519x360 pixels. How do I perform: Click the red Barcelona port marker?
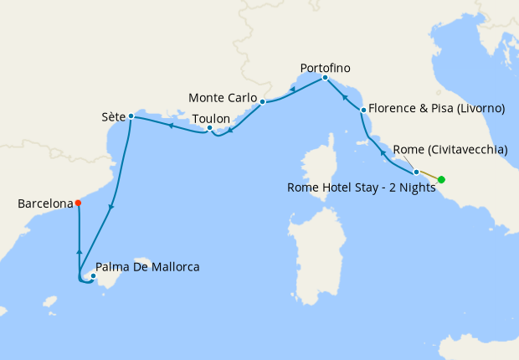tap(78, 203)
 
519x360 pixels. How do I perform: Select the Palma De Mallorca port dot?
tap(93, 275)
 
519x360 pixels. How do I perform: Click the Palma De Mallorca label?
tap(148, 268)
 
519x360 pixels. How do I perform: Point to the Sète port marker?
tap(131, 116)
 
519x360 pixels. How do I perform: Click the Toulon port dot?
tap(209, 128)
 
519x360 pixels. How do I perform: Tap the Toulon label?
tap(211, 119)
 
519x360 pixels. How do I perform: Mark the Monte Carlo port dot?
tap(262, 102)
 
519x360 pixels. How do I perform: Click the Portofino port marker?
tap(325, 78)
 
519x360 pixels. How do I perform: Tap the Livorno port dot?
tap(362, 110)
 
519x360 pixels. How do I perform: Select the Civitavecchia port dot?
tap(416, 172)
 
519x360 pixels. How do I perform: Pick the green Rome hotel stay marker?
tap(441, 179)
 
